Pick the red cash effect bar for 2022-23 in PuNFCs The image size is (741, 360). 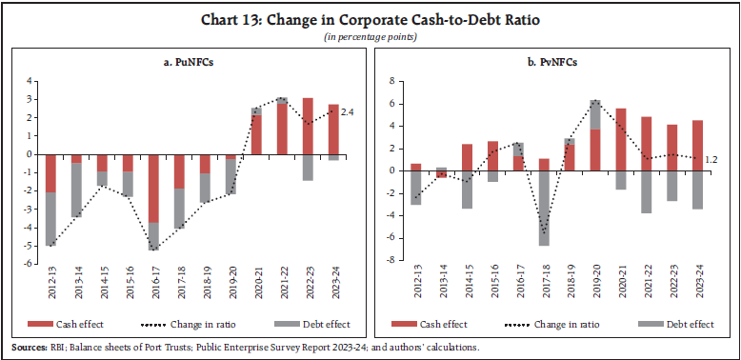(308, 126)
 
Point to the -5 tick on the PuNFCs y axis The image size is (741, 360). (30, 246)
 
